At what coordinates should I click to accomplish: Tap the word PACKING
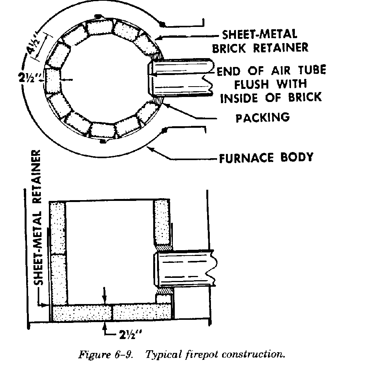[x=263, y=117]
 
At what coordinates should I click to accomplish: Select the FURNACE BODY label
[x=266, y=158]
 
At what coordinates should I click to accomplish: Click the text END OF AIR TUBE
[x=271, y=71]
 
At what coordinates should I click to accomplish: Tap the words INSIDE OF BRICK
[x=270, y=97]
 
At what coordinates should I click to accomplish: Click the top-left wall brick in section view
[x=59, y=227]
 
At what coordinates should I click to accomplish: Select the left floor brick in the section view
[x=82, y=313]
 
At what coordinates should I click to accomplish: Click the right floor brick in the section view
[x=142, y=313]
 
